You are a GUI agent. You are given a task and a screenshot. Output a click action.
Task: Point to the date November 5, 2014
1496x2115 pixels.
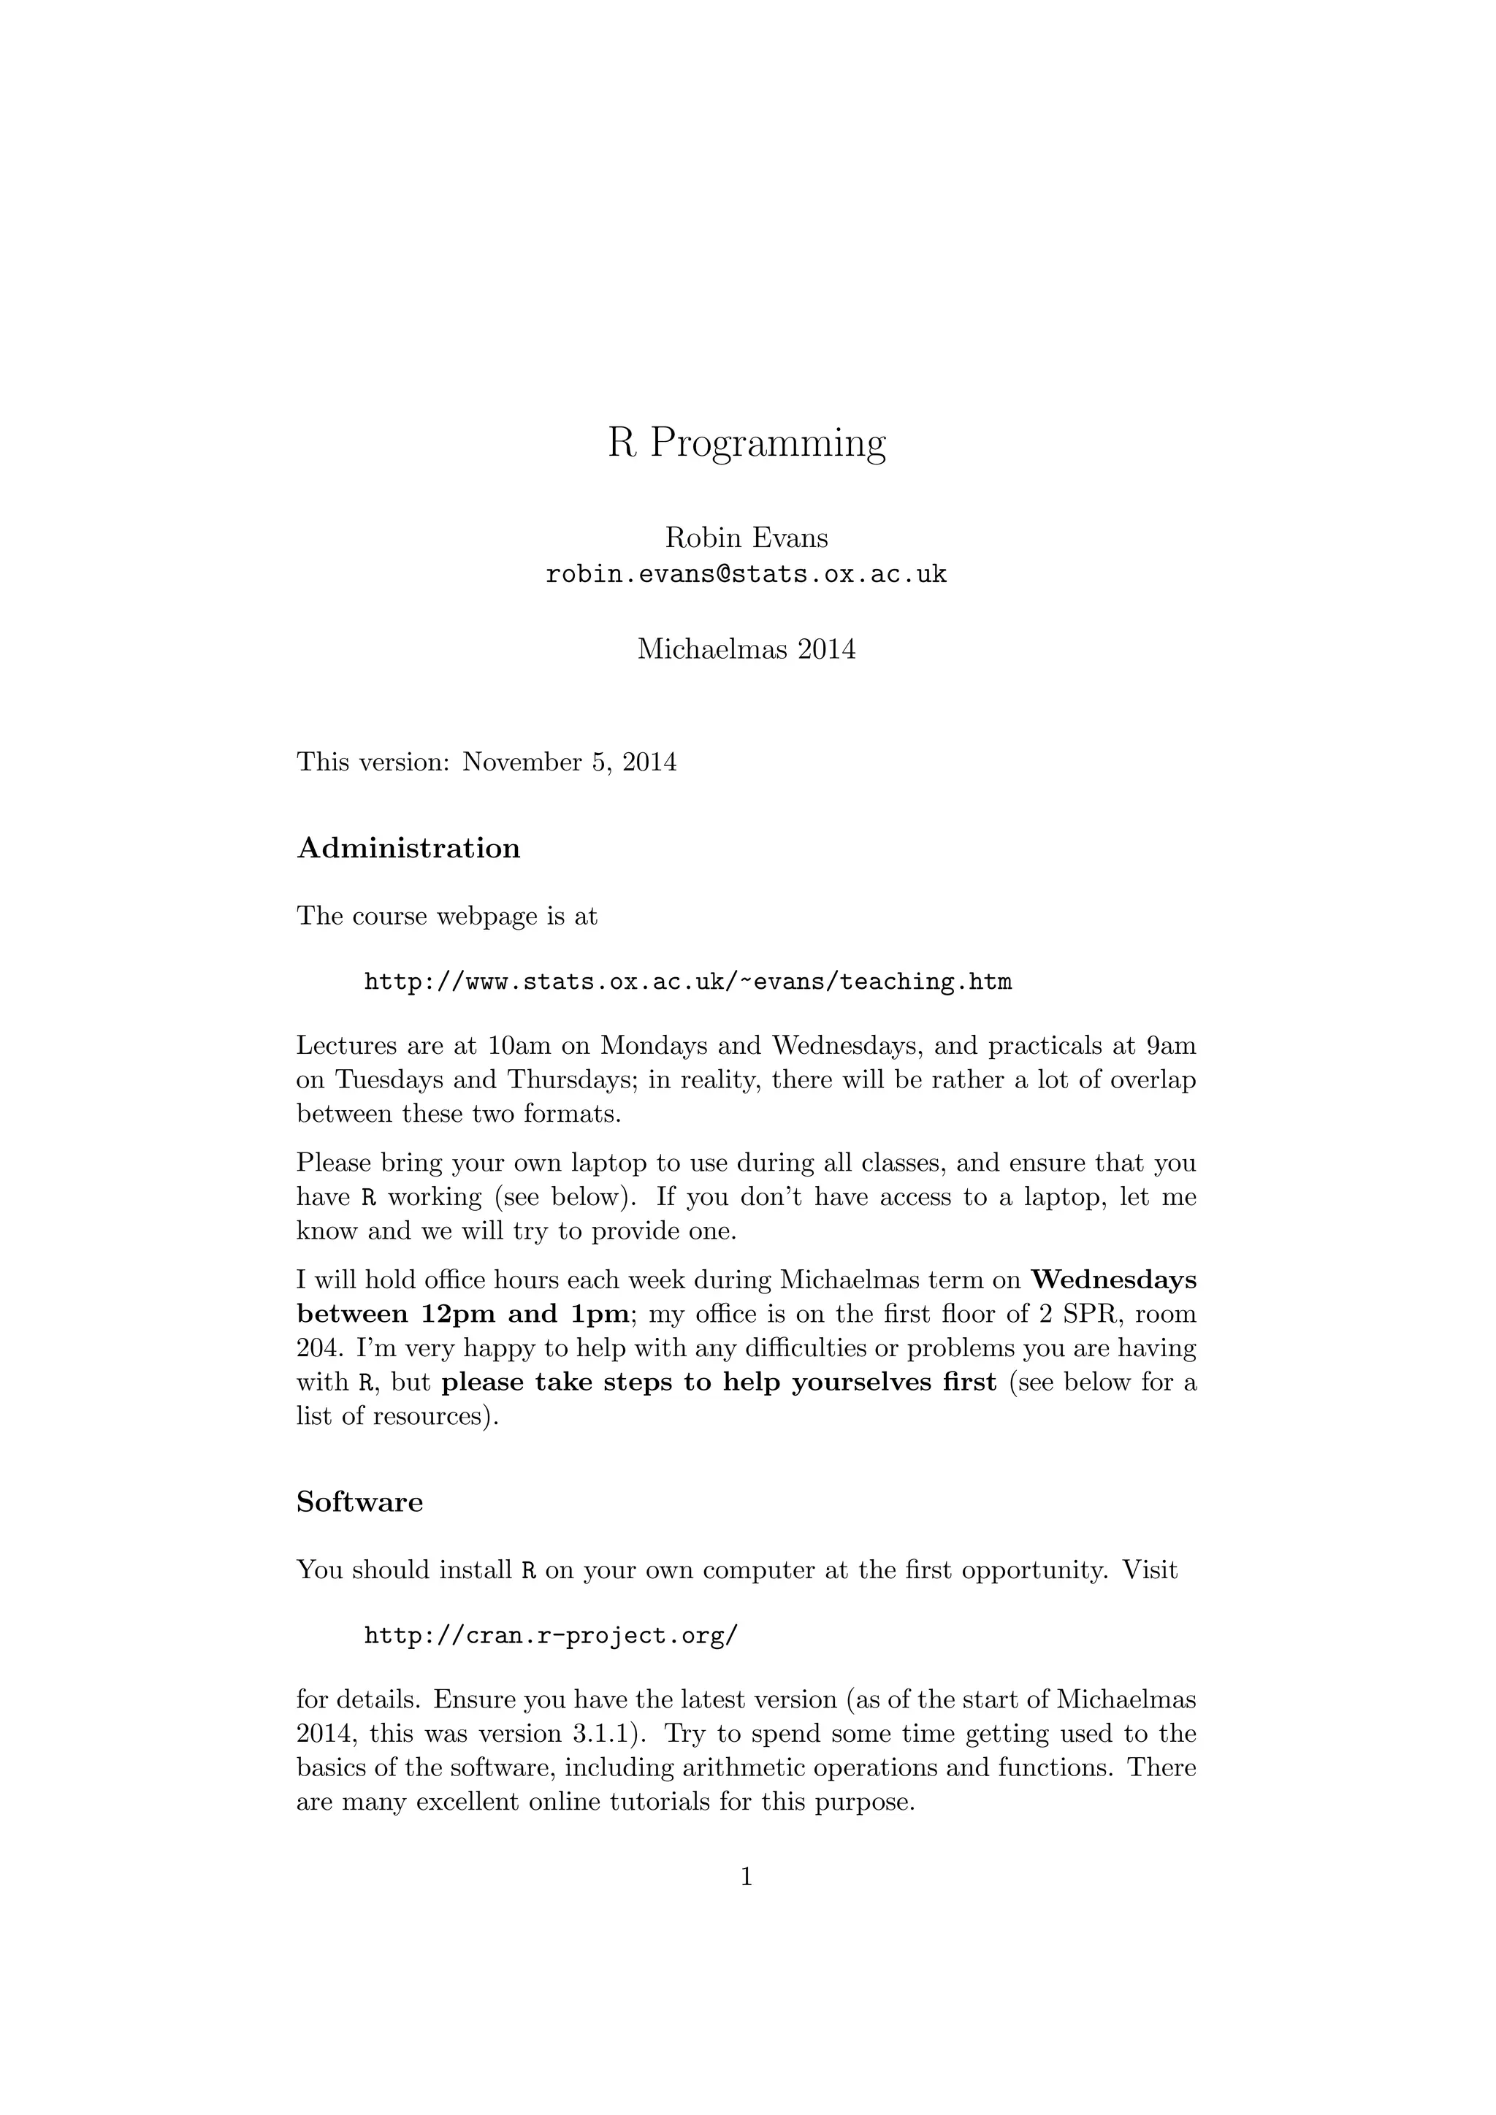569,762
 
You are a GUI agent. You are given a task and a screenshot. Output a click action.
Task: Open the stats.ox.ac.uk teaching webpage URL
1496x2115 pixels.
688,982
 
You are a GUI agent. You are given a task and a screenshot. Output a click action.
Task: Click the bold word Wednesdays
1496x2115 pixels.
1114,1280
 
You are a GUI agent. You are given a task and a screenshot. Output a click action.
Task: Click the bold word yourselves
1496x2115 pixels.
853,1382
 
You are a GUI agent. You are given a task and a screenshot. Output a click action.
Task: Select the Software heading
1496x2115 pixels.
359,1502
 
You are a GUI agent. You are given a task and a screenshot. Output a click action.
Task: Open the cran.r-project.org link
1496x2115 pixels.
551,1636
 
